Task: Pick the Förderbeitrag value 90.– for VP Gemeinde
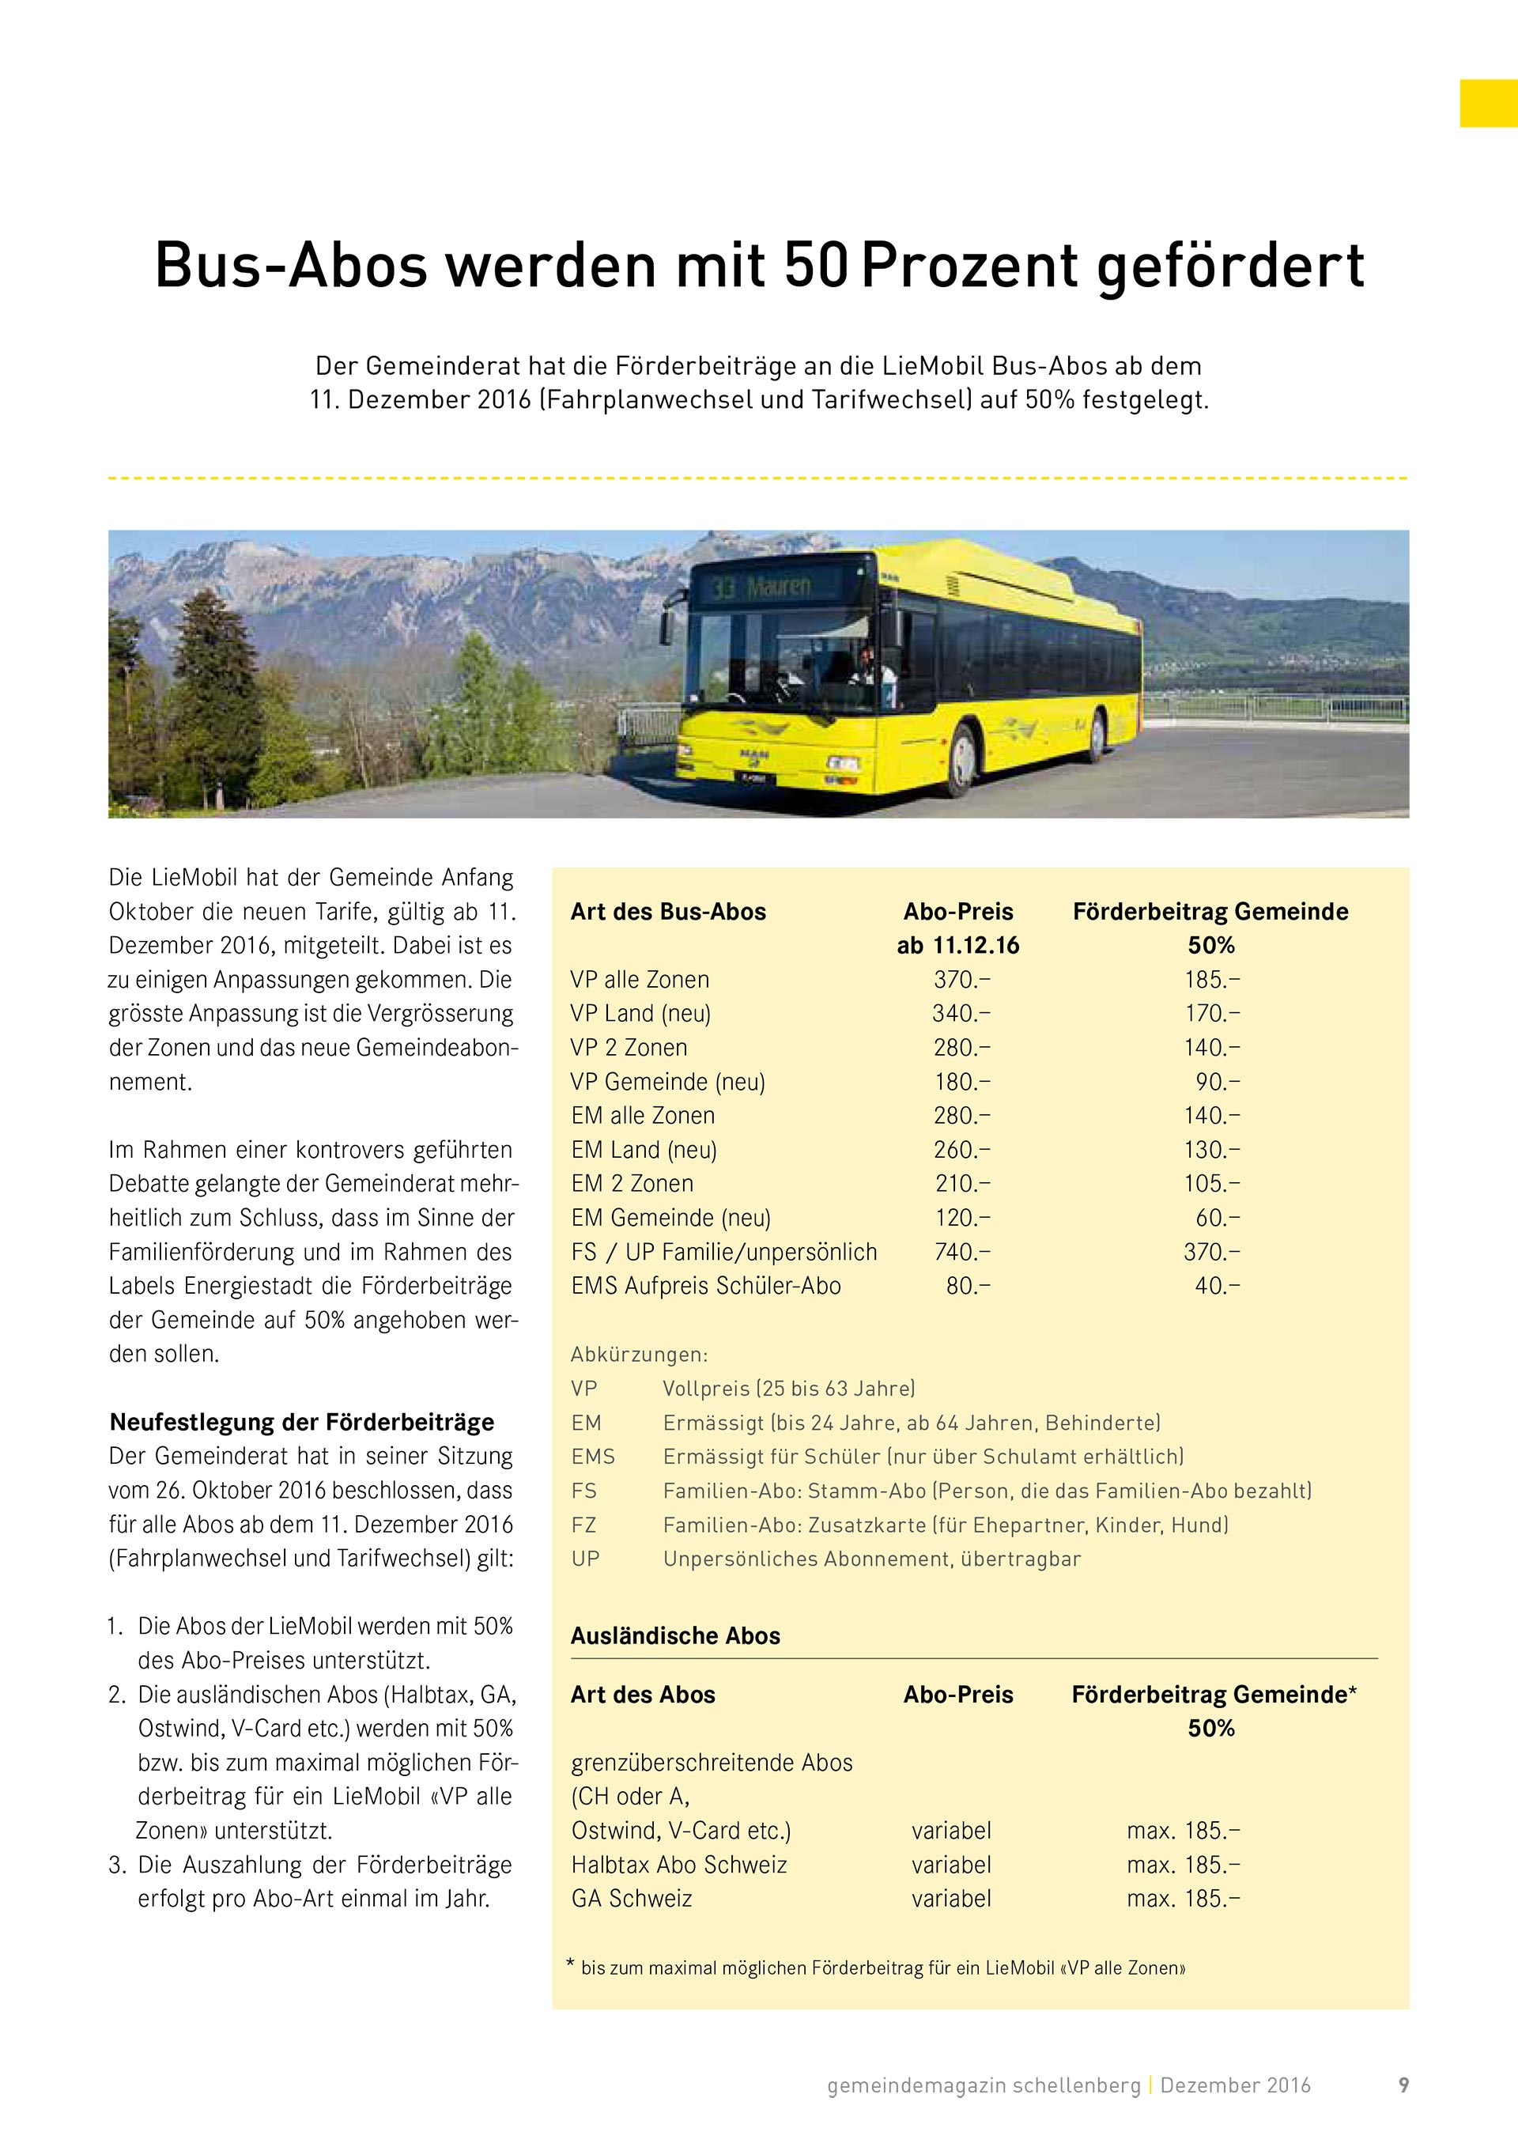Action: (x=1217, y=1082)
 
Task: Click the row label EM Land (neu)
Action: (x=644, y=1150)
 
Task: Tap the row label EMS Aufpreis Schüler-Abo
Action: (x=706, y=1286)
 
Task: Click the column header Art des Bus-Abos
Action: (x=668, y=912)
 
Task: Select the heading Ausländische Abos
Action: (x=675, y=1635)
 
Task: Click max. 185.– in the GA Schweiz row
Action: (x=1184, y=1898)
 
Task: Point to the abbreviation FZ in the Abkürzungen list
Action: (x=583, y=1525)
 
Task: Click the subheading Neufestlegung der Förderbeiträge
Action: (x=302, y=1423)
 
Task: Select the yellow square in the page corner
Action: (x=1488, y=103)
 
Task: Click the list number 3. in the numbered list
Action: (x=117, y=1865)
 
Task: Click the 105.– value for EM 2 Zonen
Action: (x=1211, y=1184)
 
